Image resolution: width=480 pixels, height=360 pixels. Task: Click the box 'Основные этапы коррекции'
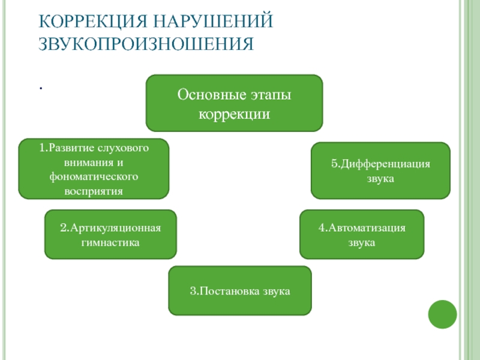coord(235,103)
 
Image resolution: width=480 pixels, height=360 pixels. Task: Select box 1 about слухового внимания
coord(94,169)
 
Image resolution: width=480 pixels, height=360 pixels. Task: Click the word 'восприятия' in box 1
coord(94,191)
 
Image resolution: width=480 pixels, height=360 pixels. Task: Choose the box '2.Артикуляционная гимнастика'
coord(110,235)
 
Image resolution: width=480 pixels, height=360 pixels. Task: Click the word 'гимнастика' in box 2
coord(110,243)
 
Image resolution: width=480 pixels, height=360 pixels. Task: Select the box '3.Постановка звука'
coord(240,291)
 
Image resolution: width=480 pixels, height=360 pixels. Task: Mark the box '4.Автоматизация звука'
coord(362,235)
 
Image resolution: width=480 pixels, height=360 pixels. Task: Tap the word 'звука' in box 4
coord(362,243)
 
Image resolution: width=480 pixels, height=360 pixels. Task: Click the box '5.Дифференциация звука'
coord(380,170)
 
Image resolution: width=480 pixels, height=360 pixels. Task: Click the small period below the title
coord(41,88)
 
